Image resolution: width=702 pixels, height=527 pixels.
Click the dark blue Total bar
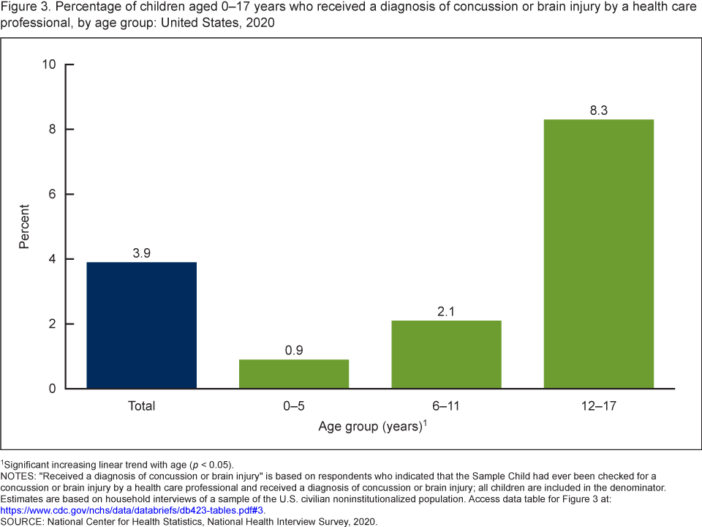point(141,325)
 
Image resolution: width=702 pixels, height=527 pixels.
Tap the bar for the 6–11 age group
point(446,354)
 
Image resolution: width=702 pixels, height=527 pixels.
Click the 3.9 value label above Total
point(141,253)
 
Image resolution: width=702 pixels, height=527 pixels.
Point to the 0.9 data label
point(294,350)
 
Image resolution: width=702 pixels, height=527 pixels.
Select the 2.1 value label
point(446,311)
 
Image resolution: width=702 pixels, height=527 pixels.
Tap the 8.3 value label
point(599,111)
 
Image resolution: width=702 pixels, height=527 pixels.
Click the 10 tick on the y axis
point(50,64)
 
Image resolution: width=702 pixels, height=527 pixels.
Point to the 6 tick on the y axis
point(53,194)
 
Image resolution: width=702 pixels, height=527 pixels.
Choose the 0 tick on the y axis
point(53,389)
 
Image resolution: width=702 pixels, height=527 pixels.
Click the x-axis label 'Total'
point(141,405)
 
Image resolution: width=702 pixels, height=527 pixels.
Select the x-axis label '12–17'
point(599,405)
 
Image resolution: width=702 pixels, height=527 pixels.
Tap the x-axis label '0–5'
point(294,405)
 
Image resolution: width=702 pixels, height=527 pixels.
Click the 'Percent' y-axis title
point(24,226)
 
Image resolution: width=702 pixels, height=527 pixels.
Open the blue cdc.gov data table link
point(132,510)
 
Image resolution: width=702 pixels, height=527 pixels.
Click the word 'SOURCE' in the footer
point(21,521)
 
